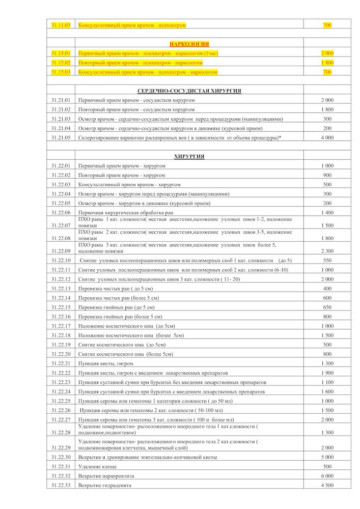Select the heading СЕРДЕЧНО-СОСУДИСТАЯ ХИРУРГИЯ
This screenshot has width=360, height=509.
[189, 91]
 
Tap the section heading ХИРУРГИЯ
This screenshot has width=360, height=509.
[189, 156]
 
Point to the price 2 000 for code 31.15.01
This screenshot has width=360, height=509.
[327, 53]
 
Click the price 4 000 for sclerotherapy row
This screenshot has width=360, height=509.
[327, 137]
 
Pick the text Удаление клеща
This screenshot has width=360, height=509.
[97, 466]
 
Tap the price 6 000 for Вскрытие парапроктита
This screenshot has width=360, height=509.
[327, 476]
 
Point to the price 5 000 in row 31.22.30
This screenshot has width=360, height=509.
[327, 457]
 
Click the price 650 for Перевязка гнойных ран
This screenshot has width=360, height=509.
[327, 307]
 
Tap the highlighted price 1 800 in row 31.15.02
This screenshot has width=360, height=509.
[327, 63]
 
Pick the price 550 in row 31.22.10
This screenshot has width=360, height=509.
[327, 260]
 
